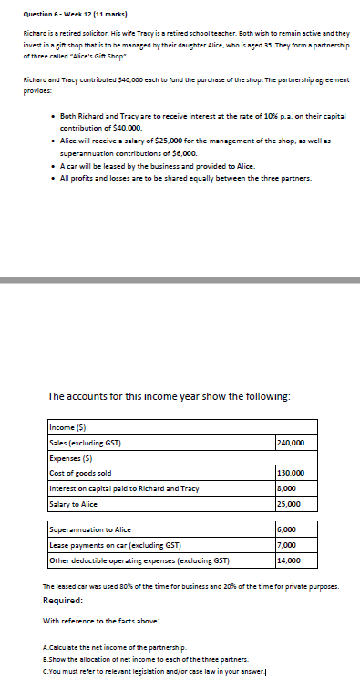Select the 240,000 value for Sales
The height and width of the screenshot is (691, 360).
(x=290, y=443)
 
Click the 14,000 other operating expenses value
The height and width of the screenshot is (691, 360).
(x=287, y=560)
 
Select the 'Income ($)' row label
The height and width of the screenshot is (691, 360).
(x=70, y=428)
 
